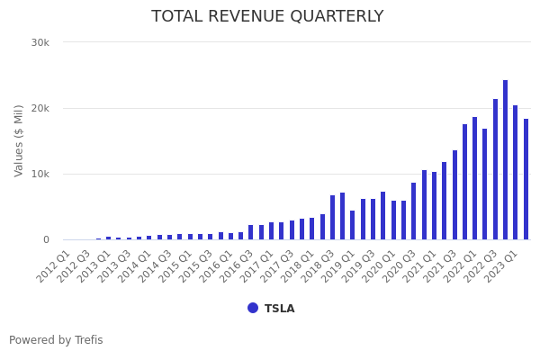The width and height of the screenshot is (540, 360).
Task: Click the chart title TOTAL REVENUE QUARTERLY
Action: (267, 17)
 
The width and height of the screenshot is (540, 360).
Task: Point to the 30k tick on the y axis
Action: (40, 42)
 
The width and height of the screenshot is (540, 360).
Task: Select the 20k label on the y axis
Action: (40, 108)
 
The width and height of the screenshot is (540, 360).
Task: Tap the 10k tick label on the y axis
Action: (40, 174)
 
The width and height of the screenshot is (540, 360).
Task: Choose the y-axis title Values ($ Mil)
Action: (19, 140)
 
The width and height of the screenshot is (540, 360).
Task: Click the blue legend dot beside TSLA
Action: (253, 308)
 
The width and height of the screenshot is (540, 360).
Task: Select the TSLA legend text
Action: (279, 309)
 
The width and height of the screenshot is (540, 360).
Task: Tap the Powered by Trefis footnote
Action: (56, 340)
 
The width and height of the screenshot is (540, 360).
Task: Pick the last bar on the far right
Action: (526, 179)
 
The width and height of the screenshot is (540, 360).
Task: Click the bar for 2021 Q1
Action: (434, 206)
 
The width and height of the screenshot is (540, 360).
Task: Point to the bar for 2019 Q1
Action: (353, 225)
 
